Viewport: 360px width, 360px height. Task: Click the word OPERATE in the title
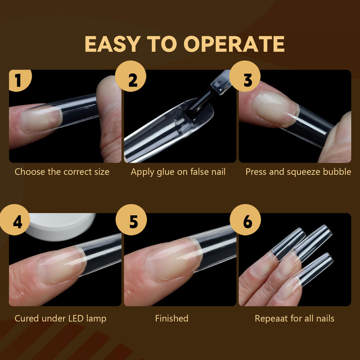(234, 44)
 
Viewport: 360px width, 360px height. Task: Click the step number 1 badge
(20, 80)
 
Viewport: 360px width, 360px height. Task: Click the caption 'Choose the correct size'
(62, 172)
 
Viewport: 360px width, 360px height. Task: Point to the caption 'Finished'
(172, 318)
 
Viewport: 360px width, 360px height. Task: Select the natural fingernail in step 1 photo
(41, 119)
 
